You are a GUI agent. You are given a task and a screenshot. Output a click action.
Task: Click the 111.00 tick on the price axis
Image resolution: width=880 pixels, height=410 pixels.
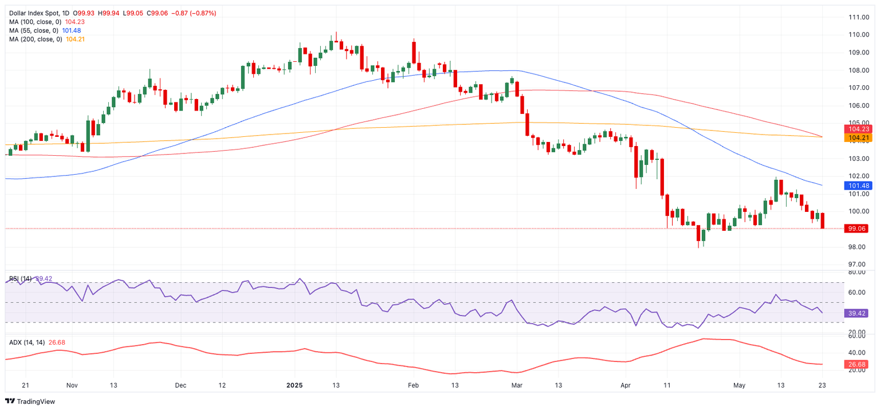859,17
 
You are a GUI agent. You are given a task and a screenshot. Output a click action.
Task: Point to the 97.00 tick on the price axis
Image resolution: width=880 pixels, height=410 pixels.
859,265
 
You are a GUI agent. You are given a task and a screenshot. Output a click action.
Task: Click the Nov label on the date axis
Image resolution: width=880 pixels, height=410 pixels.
71,385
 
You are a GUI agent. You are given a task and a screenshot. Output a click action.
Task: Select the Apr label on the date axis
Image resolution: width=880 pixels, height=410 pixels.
624,385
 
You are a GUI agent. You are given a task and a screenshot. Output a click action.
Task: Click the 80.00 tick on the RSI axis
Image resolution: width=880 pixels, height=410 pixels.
859,273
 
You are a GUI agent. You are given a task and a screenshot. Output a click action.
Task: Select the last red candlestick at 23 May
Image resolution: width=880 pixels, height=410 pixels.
823,220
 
